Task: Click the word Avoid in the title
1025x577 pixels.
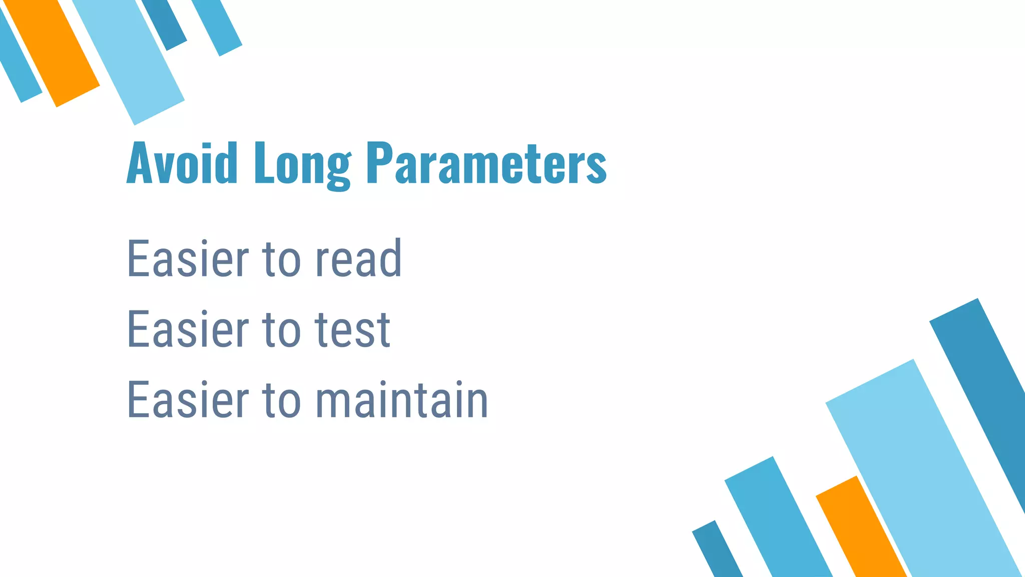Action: pyautogui.click(x=182, y=163)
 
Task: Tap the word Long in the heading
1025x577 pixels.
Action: pyautogui.click(x=302, y=165)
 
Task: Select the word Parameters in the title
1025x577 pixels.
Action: pyautogui.click(x=486, y=163)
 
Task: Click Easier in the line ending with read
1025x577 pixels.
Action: pyautogui.click(x=188, y=258)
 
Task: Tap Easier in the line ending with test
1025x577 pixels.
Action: pyautogui.click(x=188, y=329)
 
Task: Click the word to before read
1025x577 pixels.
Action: pyautogui.click(x=282, y=259)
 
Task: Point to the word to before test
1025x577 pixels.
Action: pyautogui.click(x=282, y=330)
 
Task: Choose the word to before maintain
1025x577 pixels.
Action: pyautogui.click(x=282, y=401)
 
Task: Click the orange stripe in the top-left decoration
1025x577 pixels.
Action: pyautogui.click(x=53, y=50)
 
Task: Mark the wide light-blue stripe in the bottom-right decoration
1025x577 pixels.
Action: pyautogui.click(x=921, y=471)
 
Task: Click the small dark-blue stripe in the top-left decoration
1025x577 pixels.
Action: pyautogui.click(x=165, y=23)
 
